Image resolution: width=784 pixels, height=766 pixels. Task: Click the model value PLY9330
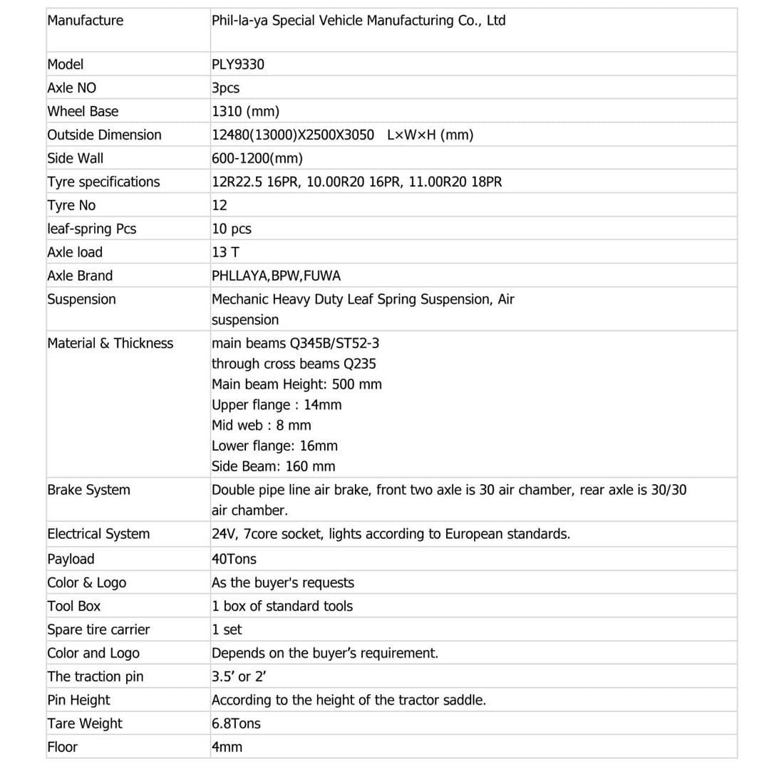[x=238, y=65]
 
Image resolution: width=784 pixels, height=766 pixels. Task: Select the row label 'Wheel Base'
[x=83, y=112]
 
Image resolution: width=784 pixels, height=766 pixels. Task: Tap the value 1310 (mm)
[x=245, y=112]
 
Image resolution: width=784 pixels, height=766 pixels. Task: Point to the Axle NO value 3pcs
[x=225, y=88]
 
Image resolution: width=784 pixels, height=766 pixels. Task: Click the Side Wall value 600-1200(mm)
[x=257, y=159]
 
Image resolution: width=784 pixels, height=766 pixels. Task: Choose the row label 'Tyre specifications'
[x=103, y=182]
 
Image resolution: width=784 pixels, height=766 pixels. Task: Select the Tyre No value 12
[x=220, y=206]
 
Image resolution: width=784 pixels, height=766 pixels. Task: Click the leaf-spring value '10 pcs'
[x=232, y=229]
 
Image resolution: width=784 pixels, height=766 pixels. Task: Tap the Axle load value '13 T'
[x=227, y=253]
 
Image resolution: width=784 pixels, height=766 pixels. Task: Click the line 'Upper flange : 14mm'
[x=277, y=405]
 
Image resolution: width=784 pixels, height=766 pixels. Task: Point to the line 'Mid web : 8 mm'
[x=261, y=426]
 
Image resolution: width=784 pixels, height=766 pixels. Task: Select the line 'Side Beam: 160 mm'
[x=273, y=467]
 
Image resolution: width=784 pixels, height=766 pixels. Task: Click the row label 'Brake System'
[x=88, y=490]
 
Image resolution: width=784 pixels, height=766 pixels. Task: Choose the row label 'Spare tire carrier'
[x=98, y=630]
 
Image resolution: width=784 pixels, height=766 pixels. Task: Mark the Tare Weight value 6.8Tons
[x=236, y=724]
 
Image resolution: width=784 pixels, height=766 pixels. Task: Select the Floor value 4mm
[x=227, y=747]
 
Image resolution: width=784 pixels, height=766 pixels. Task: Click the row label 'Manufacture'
[x=85, y=21]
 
